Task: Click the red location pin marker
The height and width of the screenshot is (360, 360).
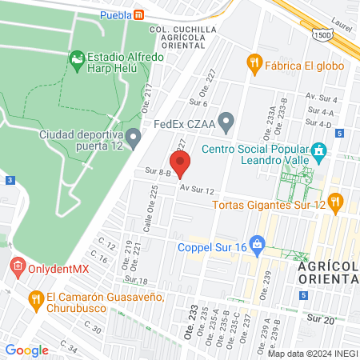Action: pyautogui.click(x=180, y=164)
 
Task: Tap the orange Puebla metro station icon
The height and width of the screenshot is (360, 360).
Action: pyautogui.click(x=139, y=14)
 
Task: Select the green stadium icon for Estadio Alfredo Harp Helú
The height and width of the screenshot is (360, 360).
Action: pyautogui.click(x=77, y=58)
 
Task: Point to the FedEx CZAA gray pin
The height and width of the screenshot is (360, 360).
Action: pyautogui.click(x=226, y=123)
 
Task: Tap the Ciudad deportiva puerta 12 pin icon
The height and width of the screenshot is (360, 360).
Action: pyautogui.click(x=134, y=139)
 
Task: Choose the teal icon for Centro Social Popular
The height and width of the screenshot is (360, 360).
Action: pyautogui.click(x=318, y=150)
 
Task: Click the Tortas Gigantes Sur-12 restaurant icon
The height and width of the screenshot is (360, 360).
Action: pyautogui.click(x=334, y=200)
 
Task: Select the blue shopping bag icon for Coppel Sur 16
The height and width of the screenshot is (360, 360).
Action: pyautogui.click(x=257, y=242)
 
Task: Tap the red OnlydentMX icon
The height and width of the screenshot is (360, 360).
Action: pyautogui.click(x=17, y=266)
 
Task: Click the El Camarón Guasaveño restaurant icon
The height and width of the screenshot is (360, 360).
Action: pyautogui.click(x=35, y=298)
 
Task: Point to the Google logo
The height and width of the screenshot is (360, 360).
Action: pyautogui.click(x=26, y=350)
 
